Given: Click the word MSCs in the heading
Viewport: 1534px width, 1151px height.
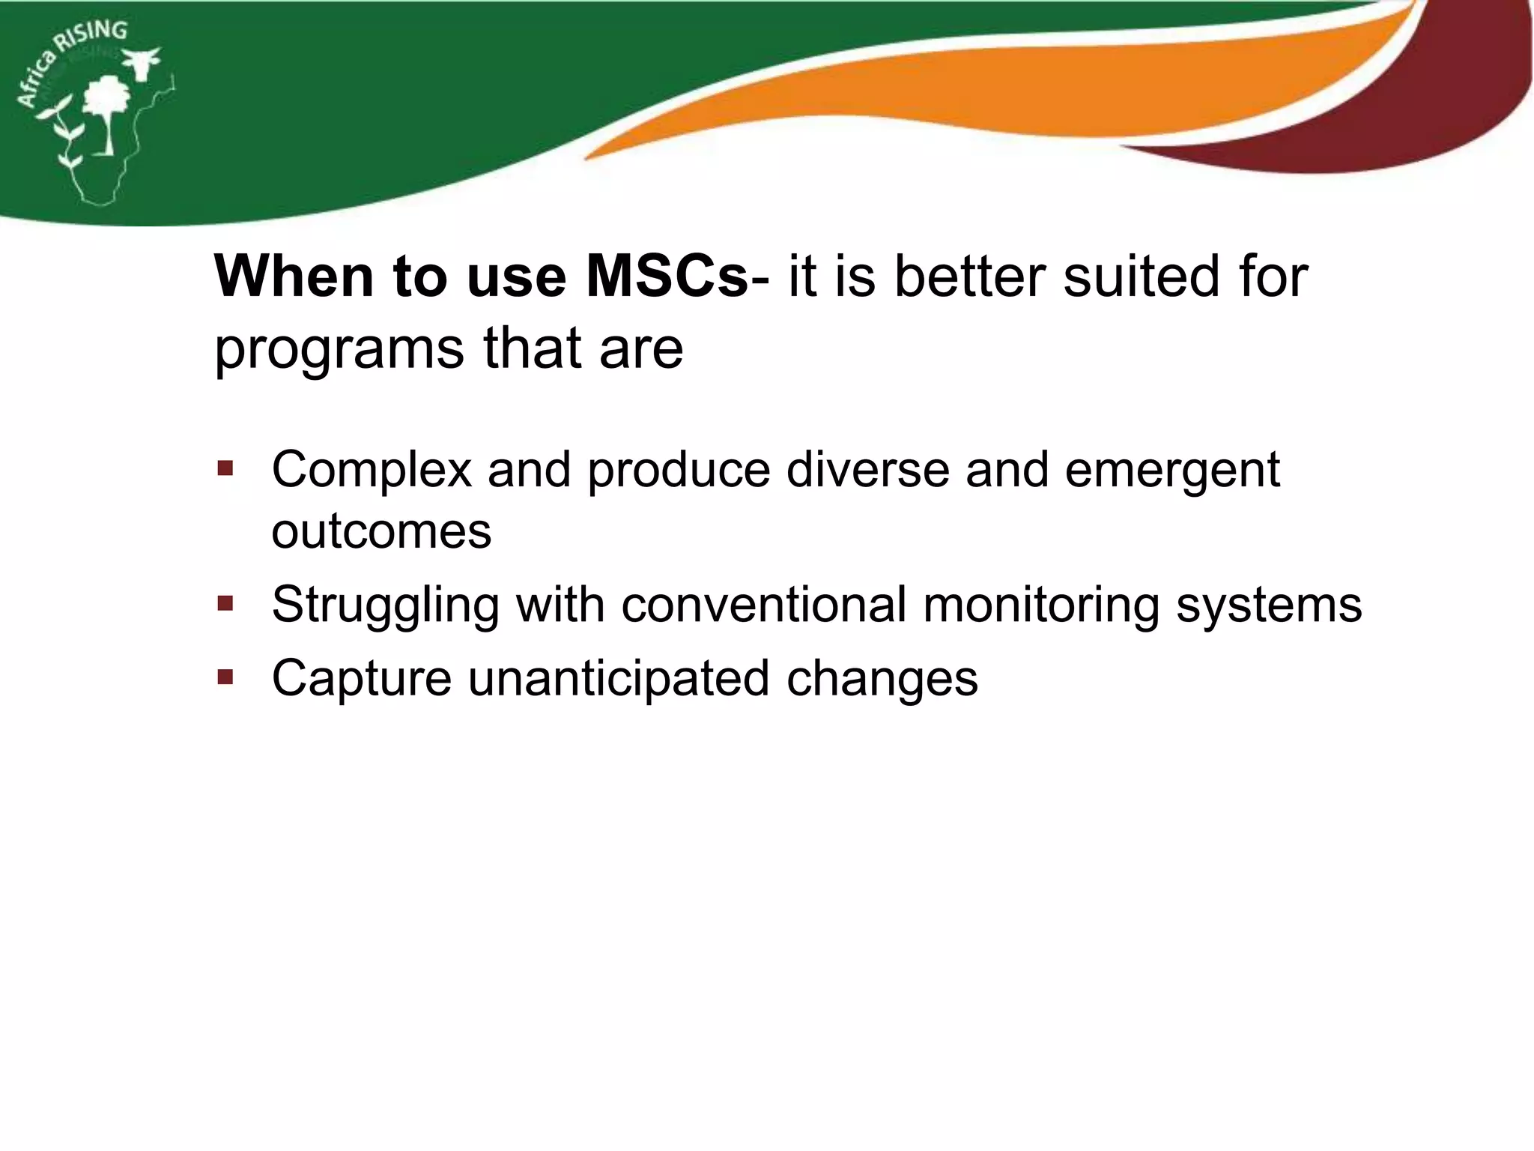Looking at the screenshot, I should pyautogui.click(x=666, y=277).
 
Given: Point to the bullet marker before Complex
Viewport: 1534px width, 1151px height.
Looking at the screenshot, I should pyautogui.click(x=225, y=470).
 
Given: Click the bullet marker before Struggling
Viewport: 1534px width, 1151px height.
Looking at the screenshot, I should pyautogui.click(x=225, y=604).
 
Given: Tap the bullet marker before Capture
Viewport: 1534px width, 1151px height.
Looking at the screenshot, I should pyautogui.click(x=225, y=677).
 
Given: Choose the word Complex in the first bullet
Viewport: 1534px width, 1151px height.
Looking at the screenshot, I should pyautogui.click(x=372, y=471).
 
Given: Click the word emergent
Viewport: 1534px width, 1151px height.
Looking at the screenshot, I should pyautogui.click(x=1171, y=471).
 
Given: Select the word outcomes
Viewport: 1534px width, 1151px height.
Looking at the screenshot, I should pyautogui.click(x=381, y=531).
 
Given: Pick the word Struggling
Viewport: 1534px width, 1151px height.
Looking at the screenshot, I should pyautogui.click(x=385, y=605).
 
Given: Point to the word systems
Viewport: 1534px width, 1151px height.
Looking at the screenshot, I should pyautogui.click(x=1268, y=605).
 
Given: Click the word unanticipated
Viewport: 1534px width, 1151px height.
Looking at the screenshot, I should pyautogui.click(x=619, y=679).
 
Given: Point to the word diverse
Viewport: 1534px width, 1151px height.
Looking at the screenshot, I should pyautogui.click(x=867, y=471).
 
